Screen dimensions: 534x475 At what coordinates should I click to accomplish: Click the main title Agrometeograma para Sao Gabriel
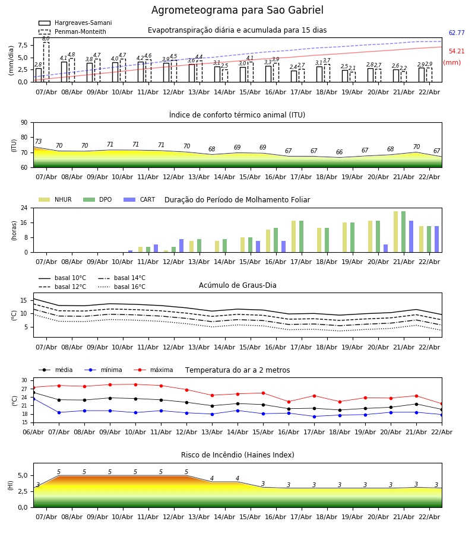click(x=237, y=11)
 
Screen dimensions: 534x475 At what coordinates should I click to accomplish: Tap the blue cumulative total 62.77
click(x=457, y=33)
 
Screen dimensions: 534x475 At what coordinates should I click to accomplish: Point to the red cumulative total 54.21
click(x=457, y=52)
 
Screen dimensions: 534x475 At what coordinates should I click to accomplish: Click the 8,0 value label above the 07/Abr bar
click(x=46, y=39)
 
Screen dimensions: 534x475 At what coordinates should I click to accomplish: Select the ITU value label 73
click(x=38, y=142)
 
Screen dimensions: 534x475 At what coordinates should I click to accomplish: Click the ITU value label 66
click(x=340, y=152)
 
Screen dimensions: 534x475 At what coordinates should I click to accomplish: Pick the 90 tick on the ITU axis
click(x=24, y=122)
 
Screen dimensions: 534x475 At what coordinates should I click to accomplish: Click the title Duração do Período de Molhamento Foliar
click(x=237, y=200)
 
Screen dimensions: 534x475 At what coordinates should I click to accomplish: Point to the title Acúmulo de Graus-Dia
click(x=237, y=285)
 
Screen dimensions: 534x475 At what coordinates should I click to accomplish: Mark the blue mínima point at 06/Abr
click(x=33, y=399)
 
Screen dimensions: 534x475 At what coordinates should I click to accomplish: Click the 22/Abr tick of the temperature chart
click(x=442, y=431)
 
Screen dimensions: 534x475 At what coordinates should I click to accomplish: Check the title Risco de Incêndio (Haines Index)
click(x=237, y=455)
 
